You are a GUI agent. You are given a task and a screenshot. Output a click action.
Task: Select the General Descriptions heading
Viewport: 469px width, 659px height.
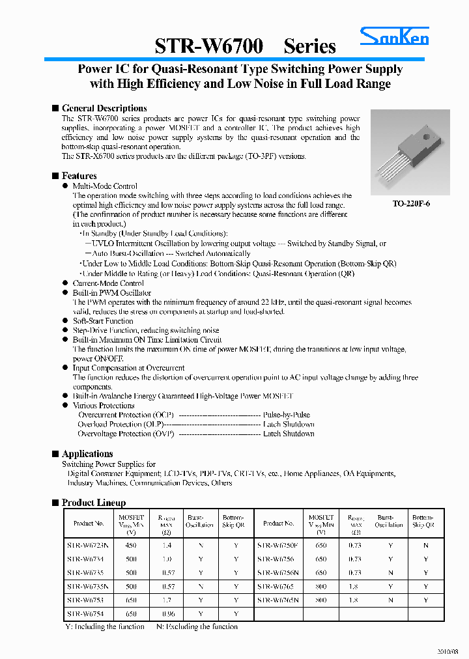(104, 108)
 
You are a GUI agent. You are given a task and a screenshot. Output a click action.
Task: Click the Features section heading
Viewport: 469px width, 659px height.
(79, 176)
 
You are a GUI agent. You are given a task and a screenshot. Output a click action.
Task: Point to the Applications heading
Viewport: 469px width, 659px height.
(87, 454)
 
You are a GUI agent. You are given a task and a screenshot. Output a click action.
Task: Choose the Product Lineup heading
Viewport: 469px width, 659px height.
(94, 503)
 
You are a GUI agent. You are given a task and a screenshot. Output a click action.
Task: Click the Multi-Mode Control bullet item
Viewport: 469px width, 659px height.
(105, 186)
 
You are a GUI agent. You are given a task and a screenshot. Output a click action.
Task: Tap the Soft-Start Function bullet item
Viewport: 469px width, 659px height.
(103, 321)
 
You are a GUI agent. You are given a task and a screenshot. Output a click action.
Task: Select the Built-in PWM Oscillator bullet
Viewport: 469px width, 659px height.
(111, 293)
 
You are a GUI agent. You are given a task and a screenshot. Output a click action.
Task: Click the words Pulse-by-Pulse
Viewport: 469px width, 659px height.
(287, 415)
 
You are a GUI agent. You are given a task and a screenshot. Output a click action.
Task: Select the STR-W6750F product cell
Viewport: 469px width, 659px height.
(278, 545)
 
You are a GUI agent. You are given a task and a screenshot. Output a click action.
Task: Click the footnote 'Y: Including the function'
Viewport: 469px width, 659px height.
(105, 626)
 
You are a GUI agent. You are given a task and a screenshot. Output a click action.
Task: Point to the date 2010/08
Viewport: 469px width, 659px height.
(448, 651)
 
